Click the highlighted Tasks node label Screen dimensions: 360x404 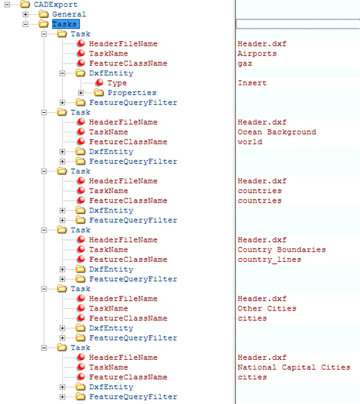click(x=66, y=24)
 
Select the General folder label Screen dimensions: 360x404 click(x=69, y=14)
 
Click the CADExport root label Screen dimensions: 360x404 click(x=55, y=4)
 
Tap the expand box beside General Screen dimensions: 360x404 click(x=25, y=14)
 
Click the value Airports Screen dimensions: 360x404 click(x=257, y=54)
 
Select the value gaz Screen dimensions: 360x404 click(x=245, y=64)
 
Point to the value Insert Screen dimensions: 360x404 click(x=252, y=83)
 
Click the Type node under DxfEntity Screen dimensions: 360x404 click(x=117, y=83)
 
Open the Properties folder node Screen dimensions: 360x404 click(x=132, y=93)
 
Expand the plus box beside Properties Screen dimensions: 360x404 click(x=81, y=93)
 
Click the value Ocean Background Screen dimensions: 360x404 click(x=277, y=132)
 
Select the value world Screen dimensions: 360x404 click(x=250, y=141)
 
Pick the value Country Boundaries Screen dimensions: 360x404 click(x=281, y=250)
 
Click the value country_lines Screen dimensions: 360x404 click(x=269, y=260)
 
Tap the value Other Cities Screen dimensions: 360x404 click(x=267, y=308)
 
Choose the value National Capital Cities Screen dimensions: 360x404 click(x=294, y=367)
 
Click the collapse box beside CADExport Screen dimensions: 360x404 click(x=7, y=4)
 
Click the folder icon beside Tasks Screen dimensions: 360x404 click(x=43, y=24)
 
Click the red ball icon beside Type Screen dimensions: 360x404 click(x=100, y=82)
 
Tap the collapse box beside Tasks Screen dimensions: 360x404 click(x=25, y=24)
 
